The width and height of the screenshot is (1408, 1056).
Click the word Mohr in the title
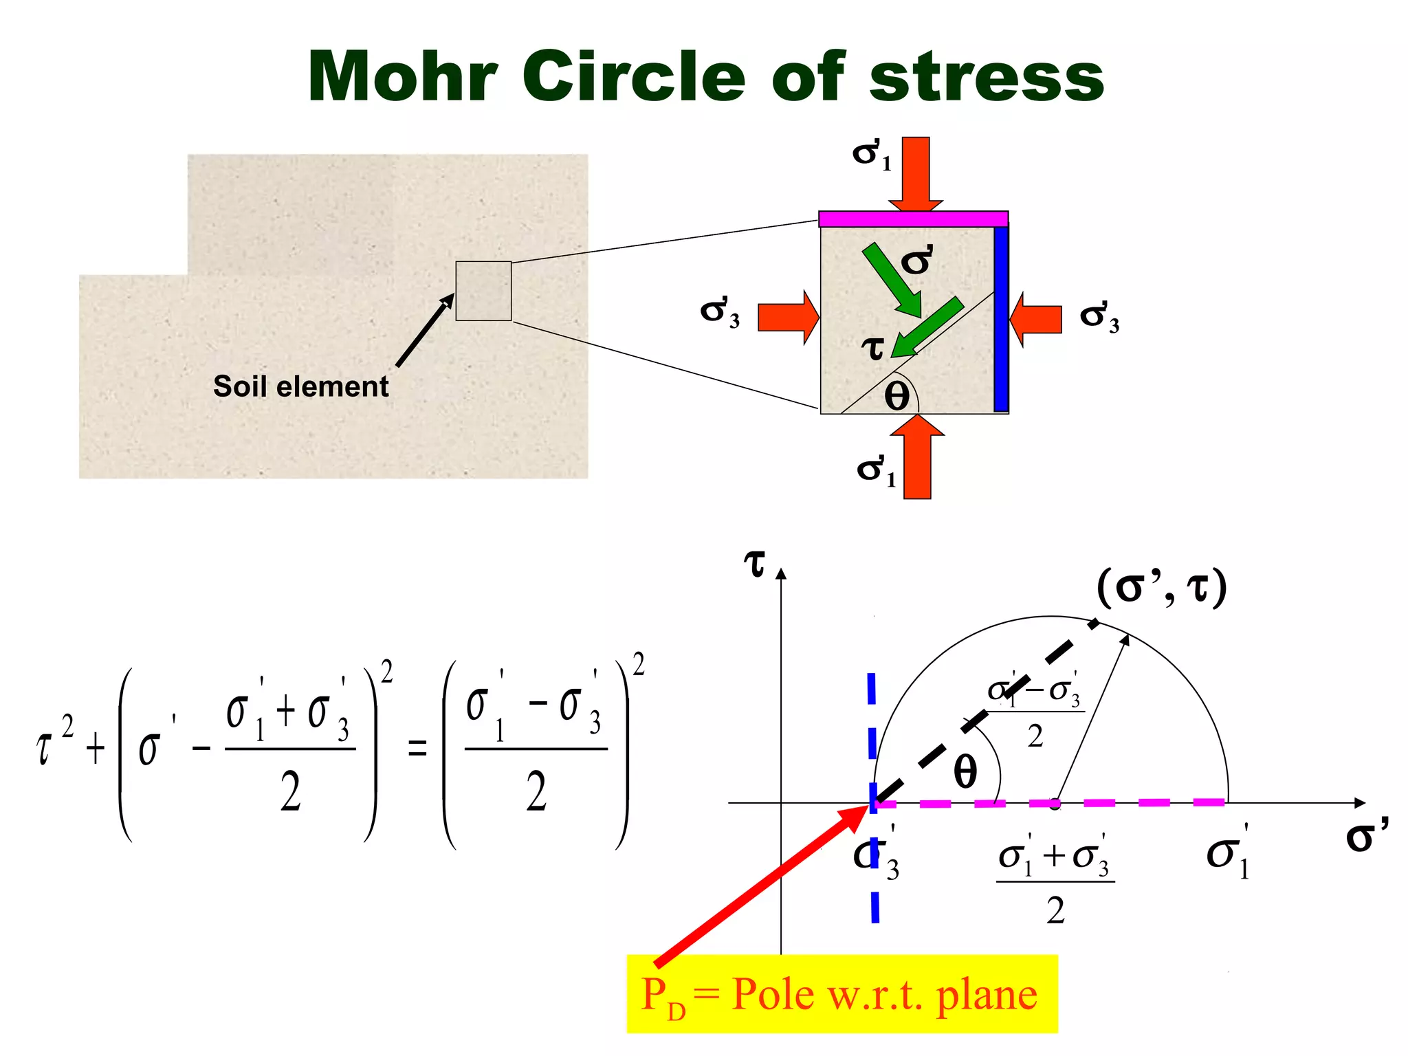pyautogui.click(x=402, y=77)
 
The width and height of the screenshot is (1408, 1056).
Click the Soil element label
pyautogui.click(x=300, y=386)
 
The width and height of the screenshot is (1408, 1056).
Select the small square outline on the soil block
pyautogui.click(x=483, y=291)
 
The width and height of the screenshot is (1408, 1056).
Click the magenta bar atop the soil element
pyautogui.click(x=913, y=219)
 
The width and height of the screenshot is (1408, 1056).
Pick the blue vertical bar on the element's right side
pyautogui.click(x=1001, y=318)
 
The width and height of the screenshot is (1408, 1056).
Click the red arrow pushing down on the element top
pyautogui.click(x=916, y=174)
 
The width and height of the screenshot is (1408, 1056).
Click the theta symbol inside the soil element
pyautogui.click(x=896, y=396)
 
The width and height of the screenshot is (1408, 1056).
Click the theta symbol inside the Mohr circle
pyautogui.click(x=965, y=772)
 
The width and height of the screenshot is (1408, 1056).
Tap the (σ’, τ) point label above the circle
pyautogui.click(x=1161, y=588)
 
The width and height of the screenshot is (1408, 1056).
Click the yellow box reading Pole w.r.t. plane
pyautogui.click(x=841, y=994)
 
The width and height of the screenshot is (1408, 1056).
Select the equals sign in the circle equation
pyautogui.click(x=417, y=748)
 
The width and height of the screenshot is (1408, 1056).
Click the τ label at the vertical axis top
pyautogui.click(x=755, y=564)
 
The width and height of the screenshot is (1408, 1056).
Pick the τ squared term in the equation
pyautogui.click(x=54, y=742)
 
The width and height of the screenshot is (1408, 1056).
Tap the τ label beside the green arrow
pyautogui.click(x=873, y=347)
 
